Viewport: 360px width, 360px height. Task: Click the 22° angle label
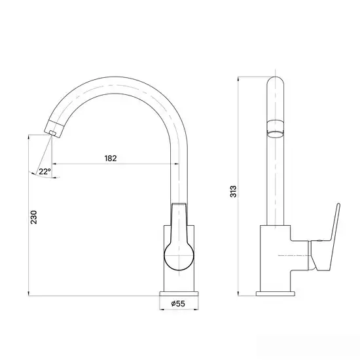click(45, 171)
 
